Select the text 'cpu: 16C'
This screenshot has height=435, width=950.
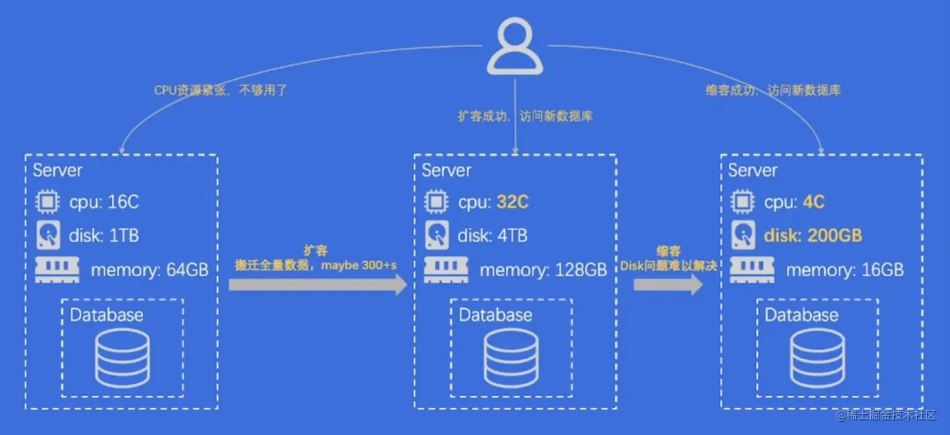pyautogui.click(x=104, y=202)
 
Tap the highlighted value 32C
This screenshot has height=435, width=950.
pyautogui.click(x=512, y=202)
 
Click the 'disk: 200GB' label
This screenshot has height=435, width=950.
pyautogui.click(x=812, y=236)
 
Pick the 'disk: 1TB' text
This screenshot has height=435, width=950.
pyautogui.click(x=104, y=236)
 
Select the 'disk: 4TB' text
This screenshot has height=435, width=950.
pyautogui.click(x=493, y=236)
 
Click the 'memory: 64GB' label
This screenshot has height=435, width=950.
pyautogui.click(x=150, y=271)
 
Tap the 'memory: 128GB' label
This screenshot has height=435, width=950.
pyautogui.click(x=543, y=271)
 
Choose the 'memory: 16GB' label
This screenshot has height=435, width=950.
pyautogui.click(x=844, y=271)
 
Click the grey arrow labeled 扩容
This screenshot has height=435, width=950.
pyautogui.click(x=318, y=285)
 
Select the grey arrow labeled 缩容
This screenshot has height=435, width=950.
pyautogui.click(x=667, y=285)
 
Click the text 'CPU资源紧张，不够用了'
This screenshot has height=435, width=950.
pyautogui.click(x=221, y=90)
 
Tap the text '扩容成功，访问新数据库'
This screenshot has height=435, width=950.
pyautogui.click(x=525, y=116)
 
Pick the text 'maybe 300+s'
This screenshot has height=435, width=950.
pyautogui.click(x=368, y=266)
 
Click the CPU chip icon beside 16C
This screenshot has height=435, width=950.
pyautogui.click(x=47, y=202)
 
